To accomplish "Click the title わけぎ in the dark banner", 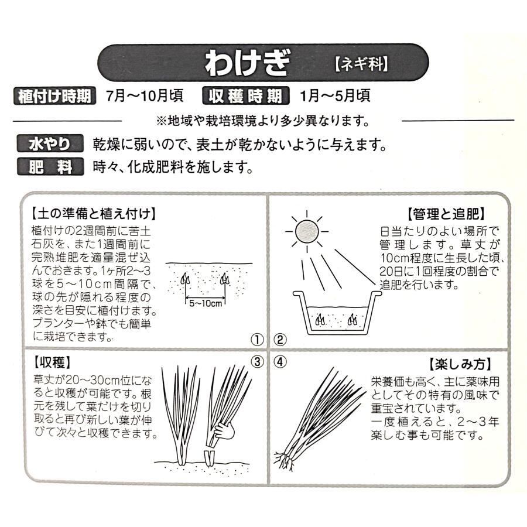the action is coord(247,63).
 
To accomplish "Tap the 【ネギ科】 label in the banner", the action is coord(361,63).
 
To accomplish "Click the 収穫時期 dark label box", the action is coord(246,96).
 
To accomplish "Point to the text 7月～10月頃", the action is coord(145,96).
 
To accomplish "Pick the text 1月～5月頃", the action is coord(335,96).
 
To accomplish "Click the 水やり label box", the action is coord(50,144).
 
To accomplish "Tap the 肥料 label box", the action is coord(50,166).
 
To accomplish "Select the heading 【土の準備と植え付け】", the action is coord(94,213).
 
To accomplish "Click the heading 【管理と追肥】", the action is coord(446,213).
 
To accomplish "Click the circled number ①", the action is coord(257,340).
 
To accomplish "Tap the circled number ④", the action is coord(280,362).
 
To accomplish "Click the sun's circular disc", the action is coord(307,231).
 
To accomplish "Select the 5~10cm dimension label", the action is coord(206,303).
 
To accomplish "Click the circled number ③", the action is coord(257,362).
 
